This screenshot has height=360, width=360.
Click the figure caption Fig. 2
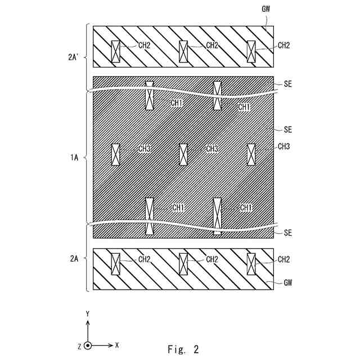[x=183, y=349]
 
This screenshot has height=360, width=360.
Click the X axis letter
[x=116, y=344]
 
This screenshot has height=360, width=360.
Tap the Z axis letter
[x=79, y=345]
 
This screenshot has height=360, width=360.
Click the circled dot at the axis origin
[x=87, y=345]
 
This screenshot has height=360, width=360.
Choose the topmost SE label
[x=287, y=84]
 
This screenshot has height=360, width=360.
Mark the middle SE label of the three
[x=287, y=129]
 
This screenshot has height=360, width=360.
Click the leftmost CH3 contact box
[x=115, y=154]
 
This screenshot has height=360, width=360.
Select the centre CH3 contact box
[x=183, y=154]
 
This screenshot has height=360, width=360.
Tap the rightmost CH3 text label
[x=284, y=146]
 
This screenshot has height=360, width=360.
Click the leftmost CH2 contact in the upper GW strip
[x=115, y=52]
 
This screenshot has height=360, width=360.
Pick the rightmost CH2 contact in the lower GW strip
[x=251, y=264]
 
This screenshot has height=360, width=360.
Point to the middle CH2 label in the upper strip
[x=212, y=46]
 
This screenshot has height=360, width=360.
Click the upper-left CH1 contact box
[x=150, y=95]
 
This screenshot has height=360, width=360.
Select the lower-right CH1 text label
[x=245, y=208]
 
